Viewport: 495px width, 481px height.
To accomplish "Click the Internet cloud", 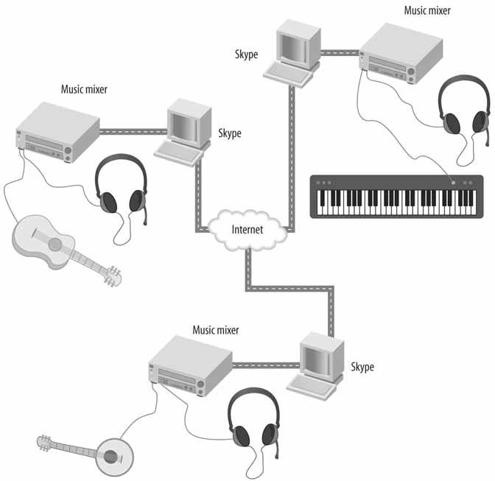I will [x=247, y=228].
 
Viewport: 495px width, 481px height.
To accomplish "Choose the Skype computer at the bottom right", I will [x=320, y=364].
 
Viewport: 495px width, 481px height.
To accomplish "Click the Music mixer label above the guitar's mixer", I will [x=84, y=90].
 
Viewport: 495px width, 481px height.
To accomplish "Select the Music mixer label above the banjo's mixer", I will [x=216, y=331].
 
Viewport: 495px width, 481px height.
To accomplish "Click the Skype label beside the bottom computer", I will [x=362, y=366].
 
